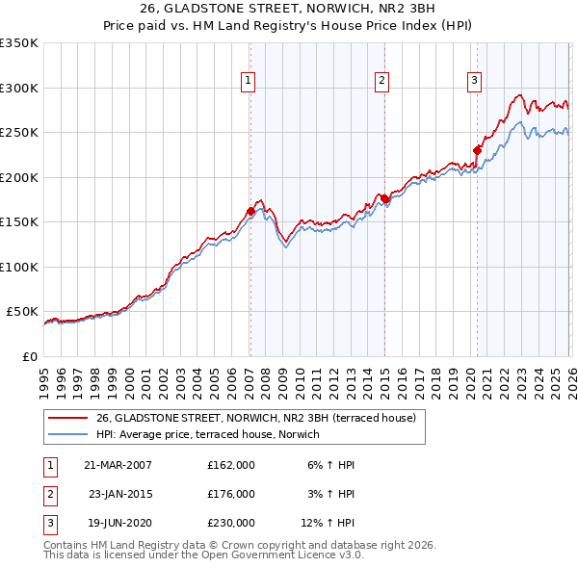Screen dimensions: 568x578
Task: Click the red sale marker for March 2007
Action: click(x=250, y=211)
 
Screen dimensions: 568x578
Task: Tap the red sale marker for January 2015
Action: click(x=384, y=198)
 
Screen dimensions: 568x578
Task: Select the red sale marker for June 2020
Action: click(x=477, y=149)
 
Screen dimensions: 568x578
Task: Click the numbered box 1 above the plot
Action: click(x=249, y=81)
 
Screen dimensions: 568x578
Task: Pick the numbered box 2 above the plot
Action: click(x=382, y=81)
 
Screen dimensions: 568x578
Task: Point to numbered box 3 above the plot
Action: click(x=475, y=81)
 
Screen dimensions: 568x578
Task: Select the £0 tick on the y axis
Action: click(x=29, y=356)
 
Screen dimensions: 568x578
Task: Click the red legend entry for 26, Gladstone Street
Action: click(x=255, y=418)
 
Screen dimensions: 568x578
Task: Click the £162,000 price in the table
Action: click(x=231, y=465)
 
